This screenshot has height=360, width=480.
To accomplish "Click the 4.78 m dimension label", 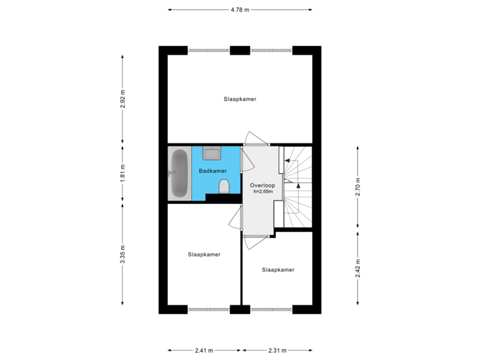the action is (x=240, y=10).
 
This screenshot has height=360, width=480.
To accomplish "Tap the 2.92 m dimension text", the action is (x=123, y=99).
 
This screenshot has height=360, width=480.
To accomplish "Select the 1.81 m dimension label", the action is (x=123, y=173).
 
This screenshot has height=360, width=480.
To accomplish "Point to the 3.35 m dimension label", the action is (x=123, y=254).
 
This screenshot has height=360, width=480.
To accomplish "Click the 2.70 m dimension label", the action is (x=358, y=187).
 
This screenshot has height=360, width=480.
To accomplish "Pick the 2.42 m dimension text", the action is (x=358, y=268).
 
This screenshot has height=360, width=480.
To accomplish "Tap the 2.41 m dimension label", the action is (x=204, y=351).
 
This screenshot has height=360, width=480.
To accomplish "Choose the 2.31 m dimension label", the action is (x=277, y=351).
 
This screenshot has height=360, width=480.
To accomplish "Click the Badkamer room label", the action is (x=213, y=171).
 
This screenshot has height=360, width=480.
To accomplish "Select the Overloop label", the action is (x=263, y=185).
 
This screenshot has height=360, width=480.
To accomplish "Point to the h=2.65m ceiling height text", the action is (x=263, y=191).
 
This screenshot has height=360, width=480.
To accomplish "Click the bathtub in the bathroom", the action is (x=179, y=173).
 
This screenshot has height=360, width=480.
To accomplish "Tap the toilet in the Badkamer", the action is (x=225, y=187).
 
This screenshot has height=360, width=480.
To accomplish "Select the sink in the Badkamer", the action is (x=212, y=153).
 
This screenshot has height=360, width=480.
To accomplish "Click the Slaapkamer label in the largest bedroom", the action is (x=240, y=99).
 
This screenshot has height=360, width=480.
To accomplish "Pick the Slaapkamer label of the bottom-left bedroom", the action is (x=204, y=255).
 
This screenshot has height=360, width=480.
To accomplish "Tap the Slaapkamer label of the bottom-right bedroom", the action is (x=278, y=270).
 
